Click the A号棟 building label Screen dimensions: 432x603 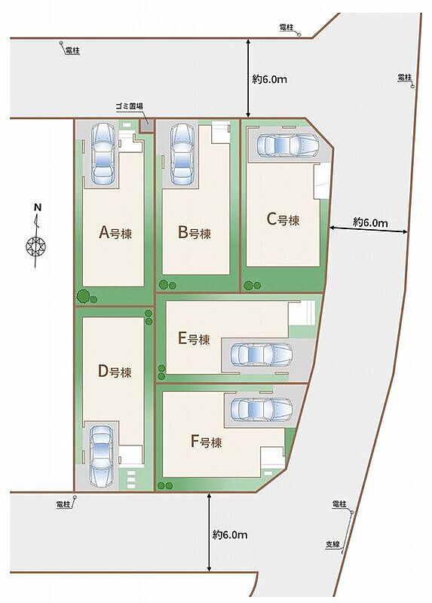(115, 233)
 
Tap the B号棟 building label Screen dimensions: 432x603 (195, 233)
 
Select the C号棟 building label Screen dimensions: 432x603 (283, 219)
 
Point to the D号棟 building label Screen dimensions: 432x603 (115, 372)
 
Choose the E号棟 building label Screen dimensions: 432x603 (194, 338)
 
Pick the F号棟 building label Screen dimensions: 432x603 (206, 442)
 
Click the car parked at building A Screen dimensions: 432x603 (103, 154)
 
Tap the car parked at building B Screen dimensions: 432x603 (182, 154)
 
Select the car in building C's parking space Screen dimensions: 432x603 (288, 145)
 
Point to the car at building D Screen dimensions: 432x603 (102, 456)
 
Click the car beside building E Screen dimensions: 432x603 (261, 354)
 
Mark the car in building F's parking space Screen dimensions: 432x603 (261, 409)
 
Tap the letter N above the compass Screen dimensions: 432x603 (38, 207)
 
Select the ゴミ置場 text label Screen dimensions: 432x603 (130, 106)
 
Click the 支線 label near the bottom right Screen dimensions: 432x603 (333, 544)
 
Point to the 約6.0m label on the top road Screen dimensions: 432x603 (270, 79)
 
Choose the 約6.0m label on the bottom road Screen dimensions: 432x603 (230, 534)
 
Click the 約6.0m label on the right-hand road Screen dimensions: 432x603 (370, 222)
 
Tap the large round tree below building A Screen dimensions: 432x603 (84, 296)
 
